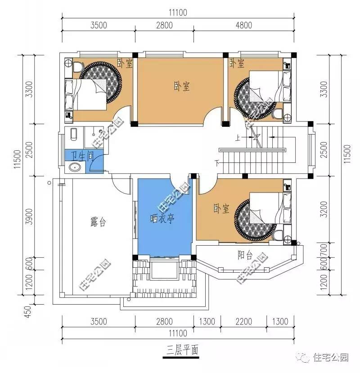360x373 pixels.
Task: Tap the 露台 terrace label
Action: click(98, 221)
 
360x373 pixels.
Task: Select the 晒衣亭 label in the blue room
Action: click(162, 219)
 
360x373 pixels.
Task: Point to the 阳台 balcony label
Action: click(245, 256)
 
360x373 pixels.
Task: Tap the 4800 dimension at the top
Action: click(243, 25)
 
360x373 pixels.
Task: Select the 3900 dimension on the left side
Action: click(29, 217)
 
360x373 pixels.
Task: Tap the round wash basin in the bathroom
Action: click(75, 168)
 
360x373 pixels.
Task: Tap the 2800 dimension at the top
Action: click(164, 25)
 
